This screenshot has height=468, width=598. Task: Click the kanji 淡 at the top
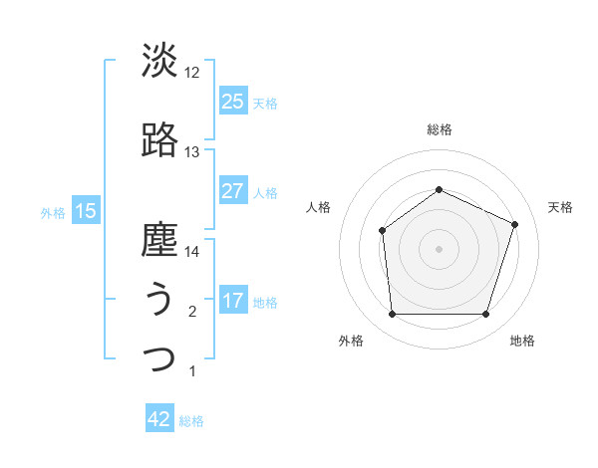pyautogui.click(x=159, y=61)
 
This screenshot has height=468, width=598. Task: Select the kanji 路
pyautogui.click(x=159, y=140)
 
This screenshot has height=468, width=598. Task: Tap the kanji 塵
pyautogui.click(x=159, y=240)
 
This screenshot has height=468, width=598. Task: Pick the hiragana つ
pyautogui.click(x=159, y=358)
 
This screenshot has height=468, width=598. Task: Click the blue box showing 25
pyautogui.click(x=232, y=102)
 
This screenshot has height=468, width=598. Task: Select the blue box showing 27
pyautogui.click(x=232, y=191)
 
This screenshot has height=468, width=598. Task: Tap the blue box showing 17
pyautogui.click(x=232, y=301)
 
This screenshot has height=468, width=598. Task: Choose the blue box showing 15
pyautogui.click(x=85, y=211)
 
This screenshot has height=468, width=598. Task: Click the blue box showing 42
pyautogui.click(x=159, y=419)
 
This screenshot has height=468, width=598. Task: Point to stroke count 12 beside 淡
pyautogui.click(x=192, y=73)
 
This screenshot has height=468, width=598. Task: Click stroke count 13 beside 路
pyautogui.click(x=192, y=152)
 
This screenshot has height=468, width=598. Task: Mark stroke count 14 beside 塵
pyautogui.click(x=192, y=252)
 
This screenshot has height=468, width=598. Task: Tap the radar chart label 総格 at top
pyautogui.click(x=439, y=129)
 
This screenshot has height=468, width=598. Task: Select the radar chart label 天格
pyautogui.click(x=560, y=207)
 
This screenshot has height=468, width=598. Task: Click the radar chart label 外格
pyautogui.click(x=351, y=341)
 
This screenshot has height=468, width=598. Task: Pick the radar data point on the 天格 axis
pyautogui.click(x=515, y=224)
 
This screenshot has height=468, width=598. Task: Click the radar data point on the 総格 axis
pyautogui.click(x=439, y=190)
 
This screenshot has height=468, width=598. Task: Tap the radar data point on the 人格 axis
pyautogui.click(x=383, y=231)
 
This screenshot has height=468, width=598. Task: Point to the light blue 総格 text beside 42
pyautogui.click(x=191, y=421)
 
